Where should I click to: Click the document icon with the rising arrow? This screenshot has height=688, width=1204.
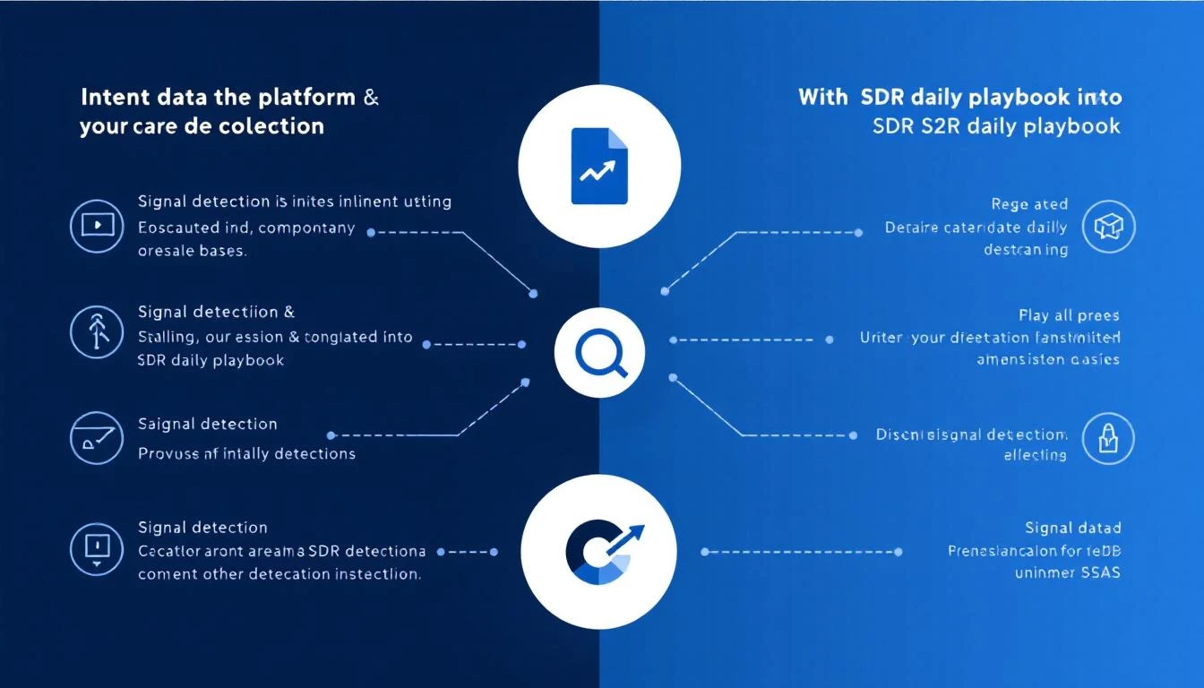click(599, 166)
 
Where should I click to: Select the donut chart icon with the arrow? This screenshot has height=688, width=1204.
click(599, 550)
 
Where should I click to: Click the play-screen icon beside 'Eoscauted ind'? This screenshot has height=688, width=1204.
click(96, 226)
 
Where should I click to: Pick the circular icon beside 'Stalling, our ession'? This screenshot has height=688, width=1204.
click(96, 331)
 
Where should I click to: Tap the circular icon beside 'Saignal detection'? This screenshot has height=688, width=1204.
click(96, 437)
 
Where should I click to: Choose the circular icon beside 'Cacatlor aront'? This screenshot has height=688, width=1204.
click(96, 548)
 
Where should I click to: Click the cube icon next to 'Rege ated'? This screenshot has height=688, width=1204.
click(1108, 226)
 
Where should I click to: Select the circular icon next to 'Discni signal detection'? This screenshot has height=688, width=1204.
click(1108, 439)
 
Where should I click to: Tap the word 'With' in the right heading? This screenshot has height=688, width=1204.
click(822, 97)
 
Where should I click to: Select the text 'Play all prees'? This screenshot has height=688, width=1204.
click(1069, 315)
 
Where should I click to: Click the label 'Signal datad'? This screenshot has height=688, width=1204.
click(1073, 528)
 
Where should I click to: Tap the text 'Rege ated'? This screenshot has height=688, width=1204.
click(1029, 204)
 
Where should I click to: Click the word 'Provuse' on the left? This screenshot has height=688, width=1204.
click(168, 454)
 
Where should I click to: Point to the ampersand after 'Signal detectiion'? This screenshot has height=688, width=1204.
click(288, 312)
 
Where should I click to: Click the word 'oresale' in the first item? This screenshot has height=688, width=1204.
click(167, 251)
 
